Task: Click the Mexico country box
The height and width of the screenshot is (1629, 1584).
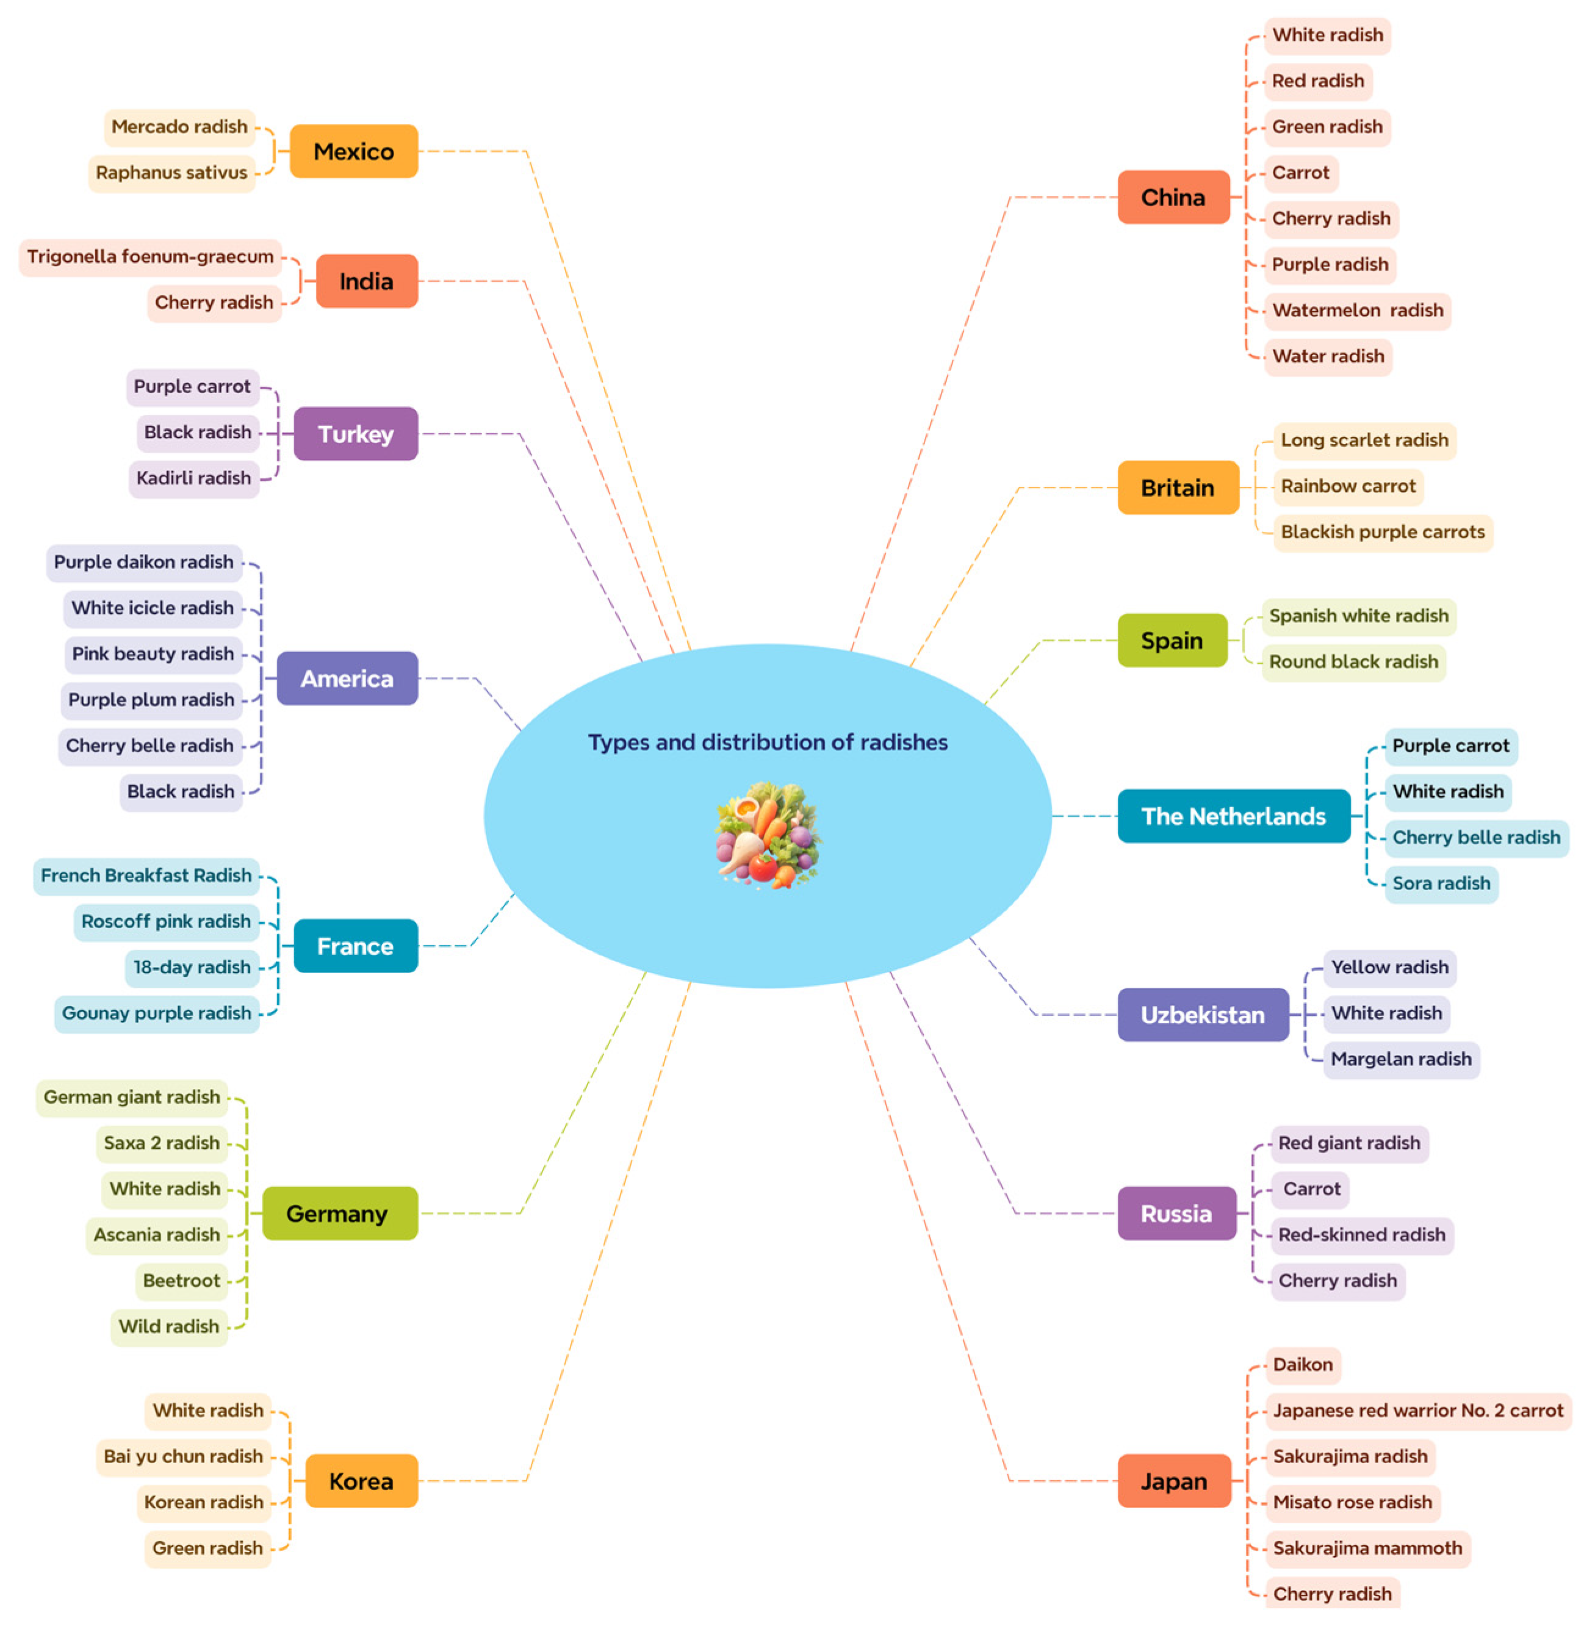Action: coord(353,151)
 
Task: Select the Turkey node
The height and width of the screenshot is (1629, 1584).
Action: coord(356,433)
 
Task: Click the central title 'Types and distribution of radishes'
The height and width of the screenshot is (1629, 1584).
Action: coord(767,741)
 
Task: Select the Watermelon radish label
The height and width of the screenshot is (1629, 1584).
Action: coord(1357,311)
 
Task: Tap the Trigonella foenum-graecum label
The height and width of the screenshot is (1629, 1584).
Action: coord(151,256)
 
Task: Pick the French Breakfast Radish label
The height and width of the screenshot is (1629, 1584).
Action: coord(146,876)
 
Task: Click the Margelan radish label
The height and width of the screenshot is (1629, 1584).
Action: coord(1400,1059)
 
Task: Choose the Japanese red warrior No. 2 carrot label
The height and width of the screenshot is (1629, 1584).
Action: coord(1417,1410)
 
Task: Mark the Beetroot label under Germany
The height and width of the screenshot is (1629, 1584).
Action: coord(181,1281)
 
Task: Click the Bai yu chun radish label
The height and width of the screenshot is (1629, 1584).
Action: coord(183,1456)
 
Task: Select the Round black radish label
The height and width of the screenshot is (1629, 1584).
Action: coord(1353,661)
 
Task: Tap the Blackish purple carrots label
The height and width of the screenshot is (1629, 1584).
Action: coord(1382,531)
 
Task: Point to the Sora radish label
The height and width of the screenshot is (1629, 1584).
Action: coord(1441,883)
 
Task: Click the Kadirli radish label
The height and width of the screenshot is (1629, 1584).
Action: coord(194,478)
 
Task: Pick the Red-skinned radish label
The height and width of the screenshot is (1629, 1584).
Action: coord(1361,1235)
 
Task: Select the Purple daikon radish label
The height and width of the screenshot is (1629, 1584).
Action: coord(144,563)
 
